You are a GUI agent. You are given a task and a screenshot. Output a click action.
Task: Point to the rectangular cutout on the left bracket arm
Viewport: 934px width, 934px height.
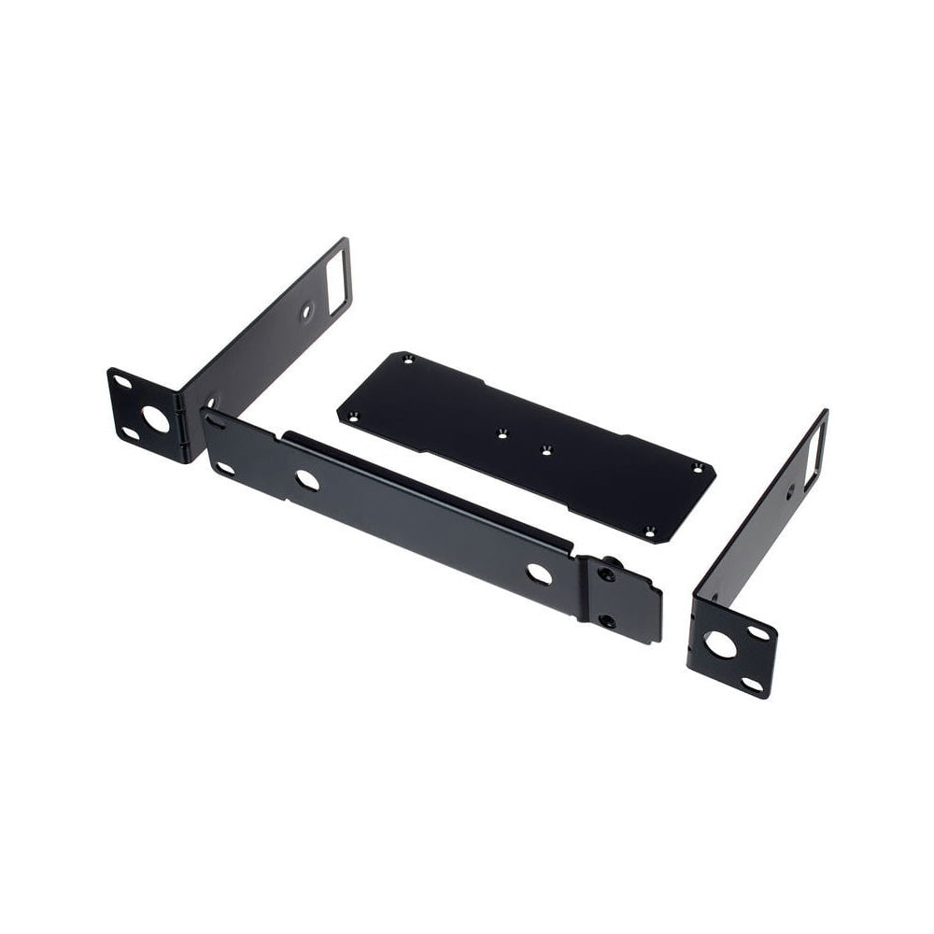click(x=337, y=276)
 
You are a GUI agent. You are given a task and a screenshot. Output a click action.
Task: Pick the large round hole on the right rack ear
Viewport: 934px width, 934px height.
click(x=720, y=644)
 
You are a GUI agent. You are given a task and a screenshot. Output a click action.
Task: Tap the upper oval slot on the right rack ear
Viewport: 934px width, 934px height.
click(x=758, y=633)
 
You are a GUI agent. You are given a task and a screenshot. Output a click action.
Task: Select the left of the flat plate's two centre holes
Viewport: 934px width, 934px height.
click(x=502, y=432)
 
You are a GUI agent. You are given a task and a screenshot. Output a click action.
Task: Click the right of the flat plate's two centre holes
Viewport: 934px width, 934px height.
click(x=546, y=450)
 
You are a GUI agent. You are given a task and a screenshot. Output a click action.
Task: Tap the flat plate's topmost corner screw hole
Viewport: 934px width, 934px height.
click(x=406, y=358)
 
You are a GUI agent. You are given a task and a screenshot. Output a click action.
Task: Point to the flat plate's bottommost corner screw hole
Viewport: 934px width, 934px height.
click(x=649, y=531)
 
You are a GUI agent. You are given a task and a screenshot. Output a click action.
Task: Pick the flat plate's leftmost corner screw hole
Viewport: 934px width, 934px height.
click(x=352, y=417)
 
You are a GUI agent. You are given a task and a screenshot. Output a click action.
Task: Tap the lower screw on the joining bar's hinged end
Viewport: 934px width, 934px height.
click(x=607, y=620)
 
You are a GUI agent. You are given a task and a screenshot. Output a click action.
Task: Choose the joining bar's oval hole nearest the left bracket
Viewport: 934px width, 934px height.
click(x=306, y=481)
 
